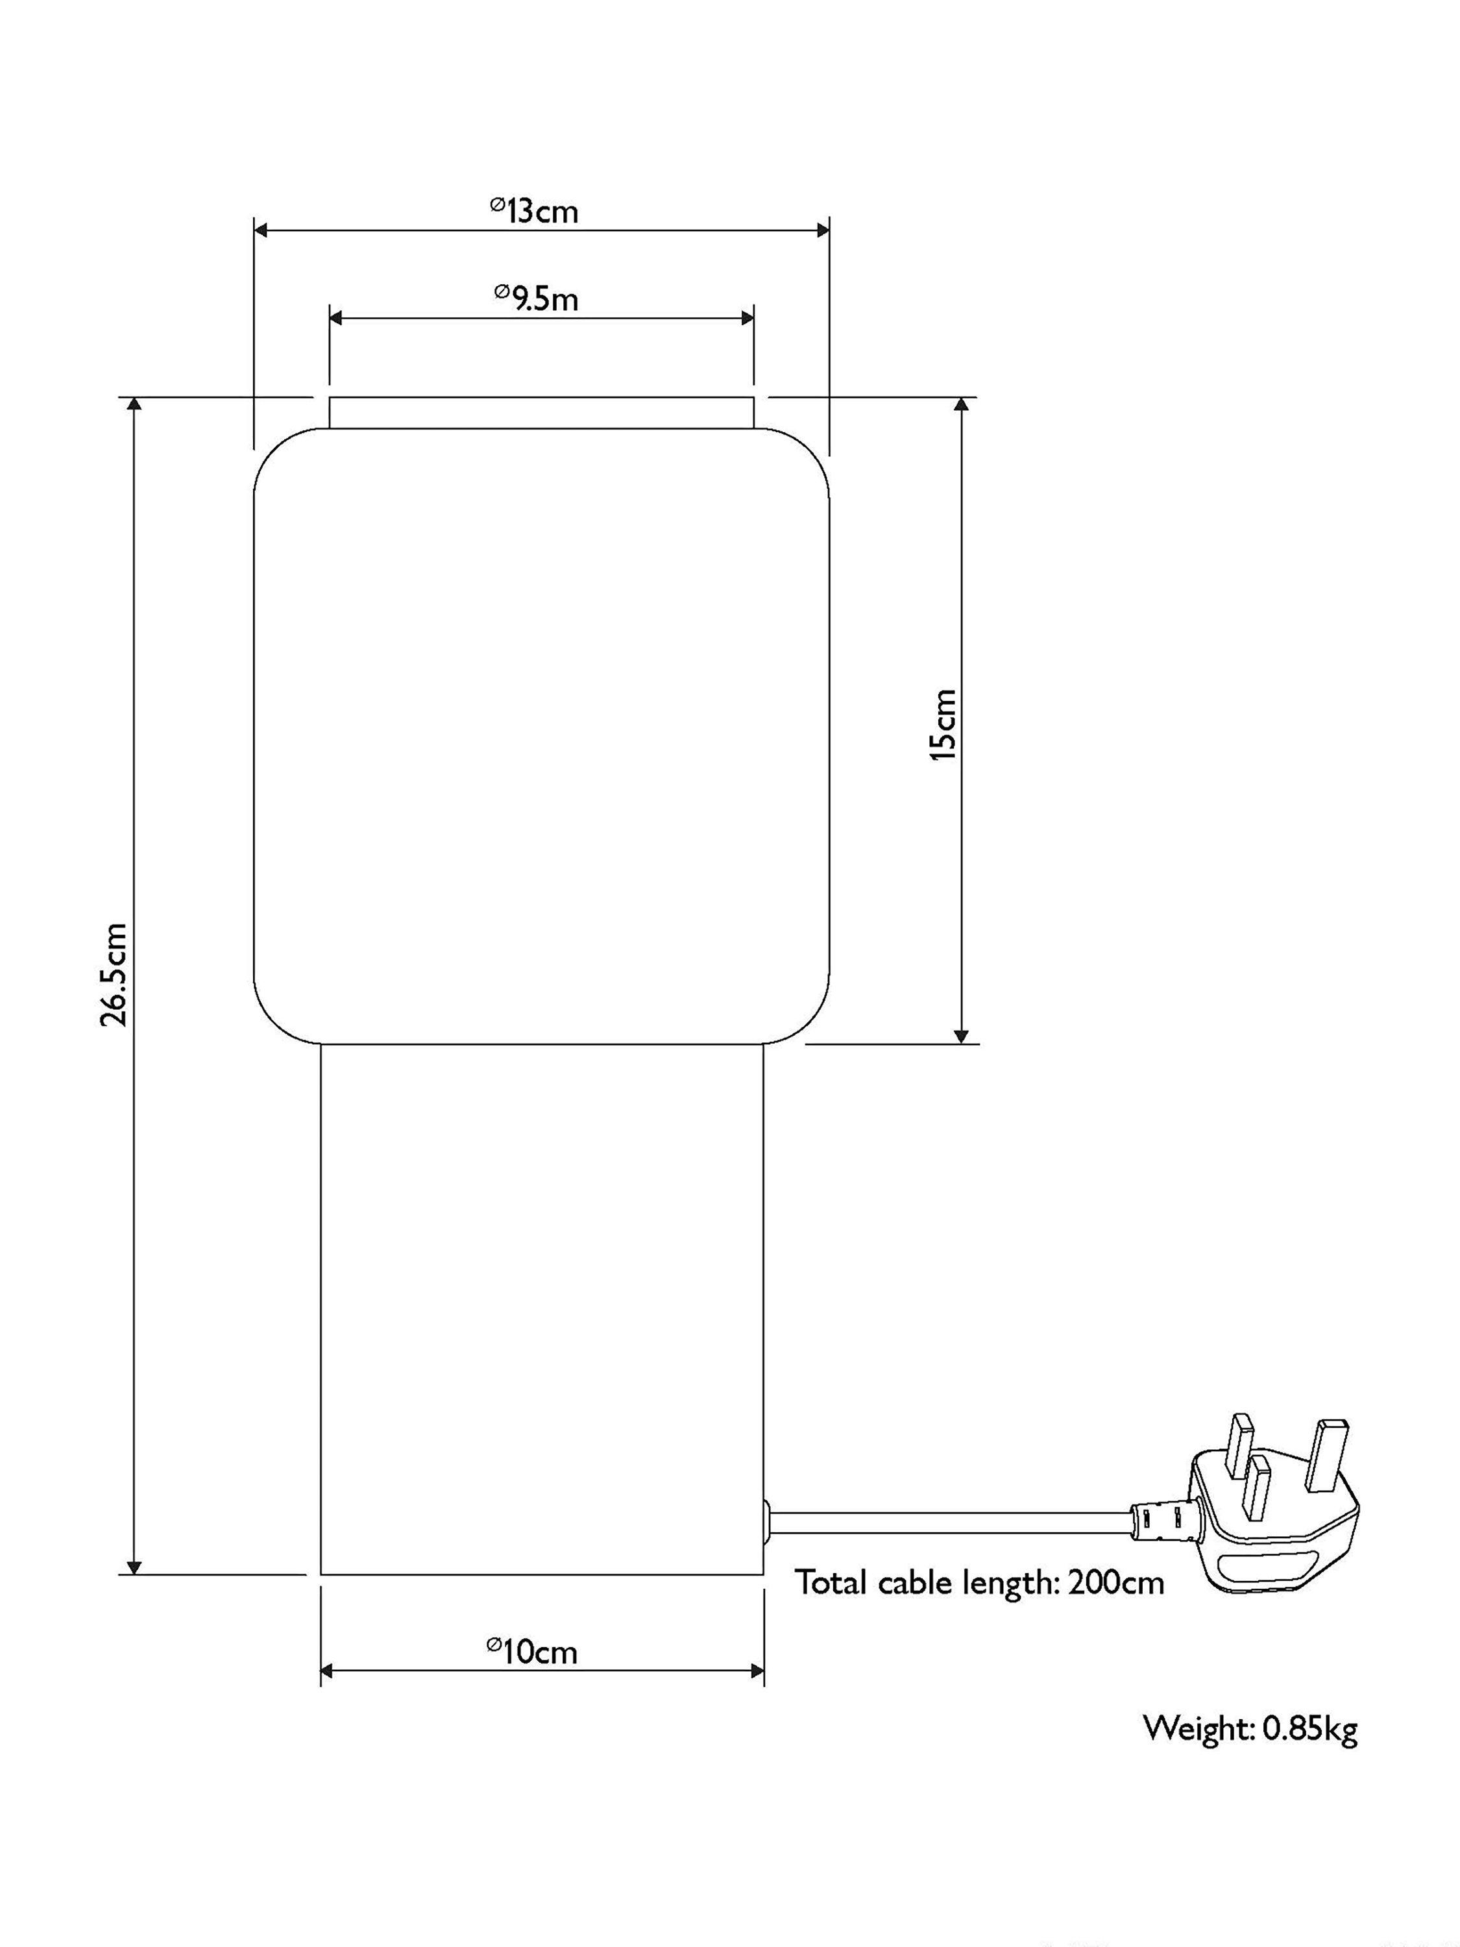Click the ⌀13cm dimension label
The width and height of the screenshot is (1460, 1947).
tap(534, 210)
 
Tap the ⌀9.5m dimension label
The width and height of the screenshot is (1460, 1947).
tap(536, 299)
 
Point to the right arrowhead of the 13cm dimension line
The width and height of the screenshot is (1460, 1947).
tap(822, 230)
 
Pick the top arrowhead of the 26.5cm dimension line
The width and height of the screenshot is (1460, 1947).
tap(134, 405)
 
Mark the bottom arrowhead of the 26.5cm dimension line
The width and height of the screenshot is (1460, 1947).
tap(134, 1566)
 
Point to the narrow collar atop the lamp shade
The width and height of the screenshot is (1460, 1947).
tap(541, 413)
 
